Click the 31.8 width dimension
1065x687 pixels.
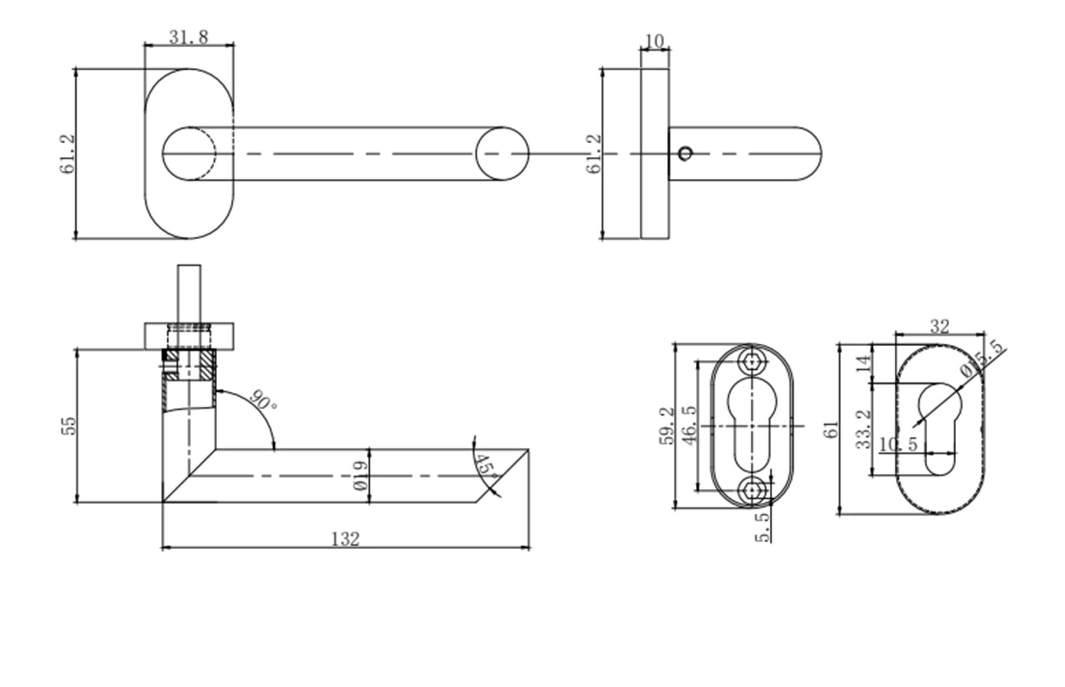189,37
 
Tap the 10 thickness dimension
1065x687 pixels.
654,41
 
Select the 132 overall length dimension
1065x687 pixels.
345,539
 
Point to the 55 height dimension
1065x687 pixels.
69,426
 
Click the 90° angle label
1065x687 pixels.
263,401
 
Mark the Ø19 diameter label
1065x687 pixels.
360,476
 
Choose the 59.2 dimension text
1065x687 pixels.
667,425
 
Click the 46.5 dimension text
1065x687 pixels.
689,424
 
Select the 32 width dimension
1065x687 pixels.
940,326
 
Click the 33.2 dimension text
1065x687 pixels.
864,429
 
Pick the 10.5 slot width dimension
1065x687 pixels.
898,444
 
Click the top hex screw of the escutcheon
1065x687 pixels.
751,361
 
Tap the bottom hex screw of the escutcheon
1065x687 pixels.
751,491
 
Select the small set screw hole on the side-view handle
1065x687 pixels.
685,154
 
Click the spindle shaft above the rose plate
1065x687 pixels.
189,293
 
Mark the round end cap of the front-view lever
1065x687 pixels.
502,154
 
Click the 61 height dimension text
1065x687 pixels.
831,429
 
